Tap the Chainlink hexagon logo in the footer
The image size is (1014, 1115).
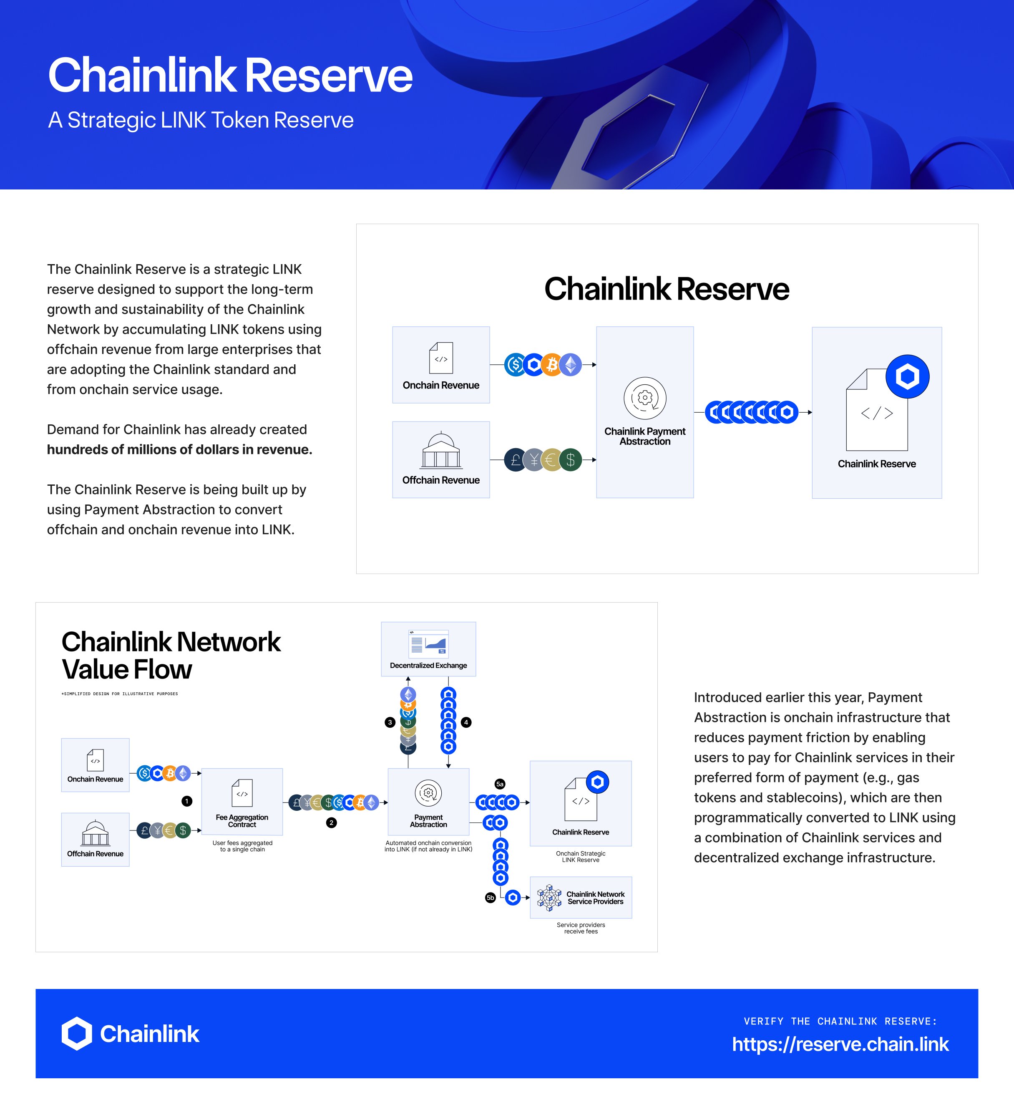[76, 1033]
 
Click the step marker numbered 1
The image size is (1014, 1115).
[187, 801]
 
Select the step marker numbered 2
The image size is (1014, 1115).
[331, 822]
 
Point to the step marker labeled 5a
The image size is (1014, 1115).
[500, 784]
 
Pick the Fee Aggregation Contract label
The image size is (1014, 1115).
[242, 821]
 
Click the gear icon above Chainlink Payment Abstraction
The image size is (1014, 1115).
[645, 398]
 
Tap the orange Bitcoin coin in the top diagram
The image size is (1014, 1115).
[552, 365]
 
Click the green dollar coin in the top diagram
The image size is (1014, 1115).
[571, 459]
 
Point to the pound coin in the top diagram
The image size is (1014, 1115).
[515, 459]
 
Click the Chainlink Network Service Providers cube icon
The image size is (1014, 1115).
[549, 898]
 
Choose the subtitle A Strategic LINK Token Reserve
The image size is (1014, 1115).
[201, 120]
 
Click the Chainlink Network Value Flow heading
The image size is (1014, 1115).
[171, 656]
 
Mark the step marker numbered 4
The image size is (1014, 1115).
[466, 722]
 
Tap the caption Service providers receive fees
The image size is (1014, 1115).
[581, 928]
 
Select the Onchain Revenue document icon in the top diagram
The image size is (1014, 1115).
[441, 358]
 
